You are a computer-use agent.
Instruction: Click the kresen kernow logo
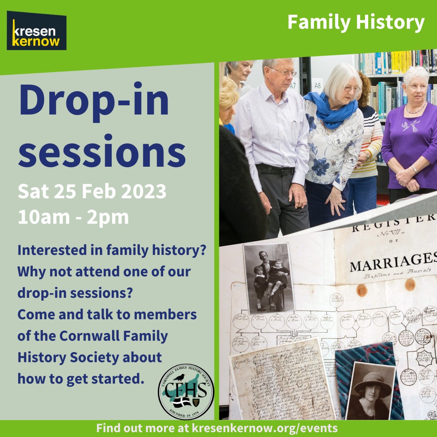coord(36,31)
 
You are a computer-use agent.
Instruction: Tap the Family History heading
coord(356,23)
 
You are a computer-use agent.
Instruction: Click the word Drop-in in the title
coord(94,101)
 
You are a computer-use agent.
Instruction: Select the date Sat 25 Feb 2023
coord(92,191)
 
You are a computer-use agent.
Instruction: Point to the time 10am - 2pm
coord(73,217)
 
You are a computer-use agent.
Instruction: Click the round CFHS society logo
coord(186,391)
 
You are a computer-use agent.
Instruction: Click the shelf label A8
coord(317,85)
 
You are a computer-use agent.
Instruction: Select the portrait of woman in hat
coord(370,390)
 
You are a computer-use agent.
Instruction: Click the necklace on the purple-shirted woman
coord(416,110)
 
